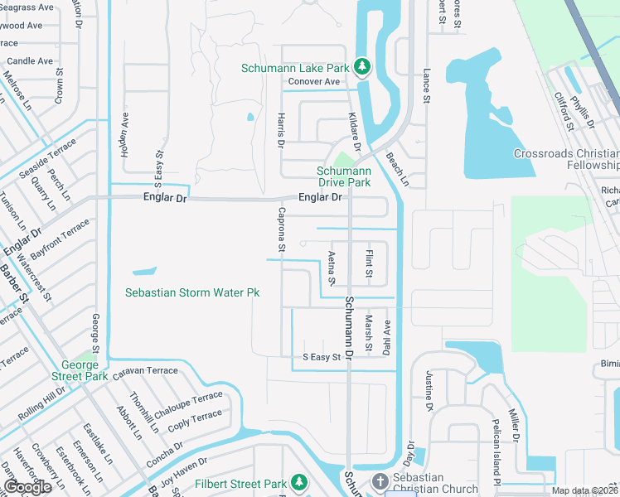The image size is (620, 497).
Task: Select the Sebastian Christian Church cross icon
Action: coord(380,482)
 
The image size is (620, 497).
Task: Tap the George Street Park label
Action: coord(85,370)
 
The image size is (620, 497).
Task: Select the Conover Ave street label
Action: coord(314,82)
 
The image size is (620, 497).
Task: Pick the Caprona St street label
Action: coord(282,230)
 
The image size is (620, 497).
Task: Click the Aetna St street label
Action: coord(332,268)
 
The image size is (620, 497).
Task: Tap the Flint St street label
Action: coord(369,263)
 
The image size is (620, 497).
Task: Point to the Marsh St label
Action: coord(369,333)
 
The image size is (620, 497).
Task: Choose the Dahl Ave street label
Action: coord(386,339)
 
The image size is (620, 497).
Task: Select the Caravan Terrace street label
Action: coord(145,372)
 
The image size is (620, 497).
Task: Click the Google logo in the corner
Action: coord(27,487)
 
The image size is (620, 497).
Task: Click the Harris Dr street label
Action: coord(282,131)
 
